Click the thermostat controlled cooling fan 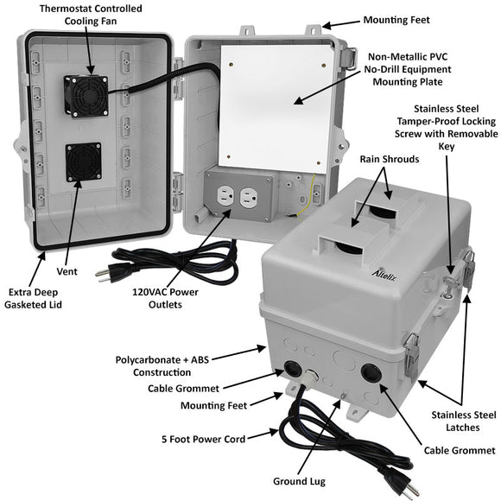tap(86, 96)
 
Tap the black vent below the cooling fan tap(84, 162)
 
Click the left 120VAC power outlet tap(226, 196)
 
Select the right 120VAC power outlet tap(250, 198)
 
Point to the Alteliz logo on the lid tap(384, 275)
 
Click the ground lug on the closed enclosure tap(344, 396)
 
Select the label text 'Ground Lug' tap(299, 481)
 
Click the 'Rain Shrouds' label tap(390, 159)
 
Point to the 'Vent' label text tap(67, 271)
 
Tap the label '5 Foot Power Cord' tap(203, 439)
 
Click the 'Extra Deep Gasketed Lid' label tap(33, 298)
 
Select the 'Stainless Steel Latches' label tap(464, 422)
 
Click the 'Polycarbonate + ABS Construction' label tap(162, 366)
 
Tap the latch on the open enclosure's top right tap(347, 59)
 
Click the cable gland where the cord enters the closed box tap(311, 377)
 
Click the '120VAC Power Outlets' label tap(165, 298)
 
